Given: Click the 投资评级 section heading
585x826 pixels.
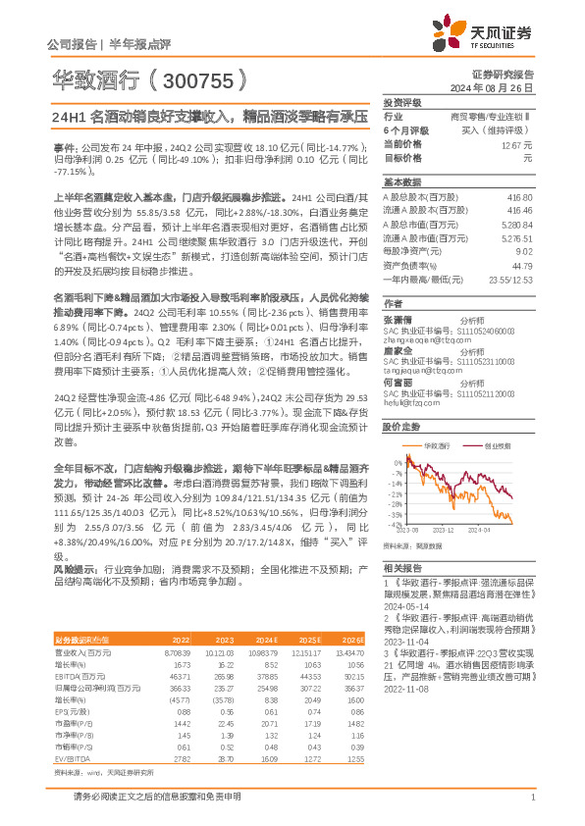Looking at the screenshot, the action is [402, 102].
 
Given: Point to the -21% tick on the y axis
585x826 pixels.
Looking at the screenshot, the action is [395, 493].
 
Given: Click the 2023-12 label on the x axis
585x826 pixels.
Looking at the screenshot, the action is [444, 529].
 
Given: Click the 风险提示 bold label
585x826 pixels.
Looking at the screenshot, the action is [73, 568].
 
